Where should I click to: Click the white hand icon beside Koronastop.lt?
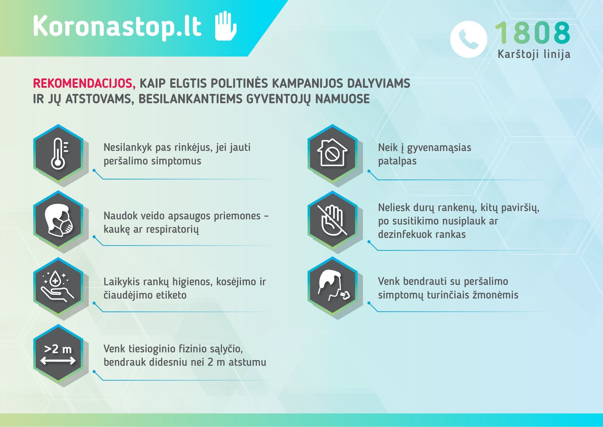point(226,26)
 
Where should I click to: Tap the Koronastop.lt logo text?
point(117,26)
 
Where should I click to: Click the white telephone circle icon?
point(469,39)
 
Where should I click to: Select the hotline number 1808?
point(533,33)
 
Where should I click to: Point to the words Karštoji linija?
point(534,54)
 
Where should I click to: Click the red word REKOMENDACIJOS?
point(84,84)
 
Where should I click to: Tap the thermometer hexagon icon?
point(58,153)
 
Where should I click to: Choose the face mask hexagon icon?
point(58,220)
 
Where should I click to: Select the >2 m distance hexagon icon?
point(58,354)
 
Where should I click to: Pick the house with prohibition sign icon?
point(332,153)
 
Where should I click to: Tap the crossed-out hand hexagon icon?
point(332,220)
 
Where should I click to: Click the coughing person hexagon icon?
point(332,286)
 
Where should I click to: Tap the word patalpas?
point(397,161)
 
